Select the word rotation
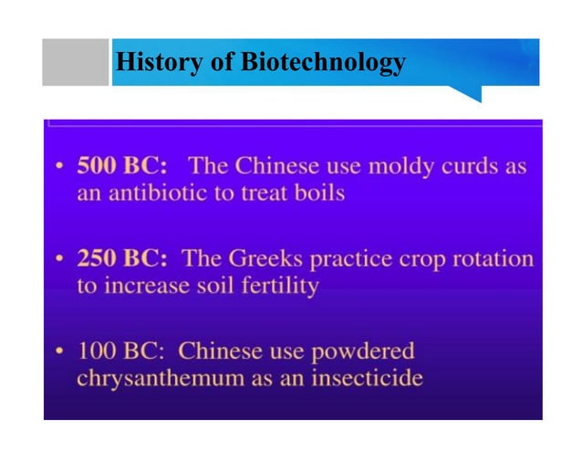(491, 258)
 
